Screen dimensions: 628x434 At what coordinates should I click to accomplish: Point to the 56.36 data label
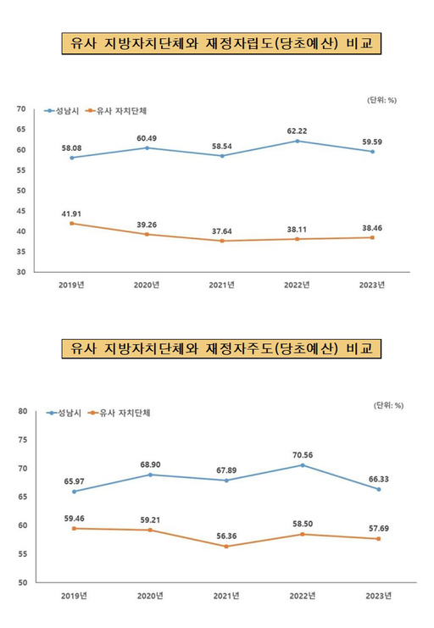pyautogui.click(x=222, y=534)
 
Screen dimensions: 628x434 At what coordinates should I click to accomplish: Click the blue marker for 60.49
pyautogui.click(x=147, y=147)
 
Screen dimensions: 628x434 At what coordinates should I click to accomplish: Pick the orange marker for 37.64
pyautogui.click(x=222, y=241)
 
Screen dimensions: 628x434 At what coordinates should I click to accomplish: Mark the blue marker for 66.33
pyautogui.click(x=378, y=489)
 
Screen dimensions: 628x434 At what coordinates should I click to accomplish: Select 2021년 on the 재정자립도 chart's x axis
pyautogui.click(x=222, y=285)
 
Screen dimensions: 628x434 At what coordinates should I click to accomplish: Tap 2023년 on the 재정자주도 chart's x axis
pyautogui.click(x=378, y=596)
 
